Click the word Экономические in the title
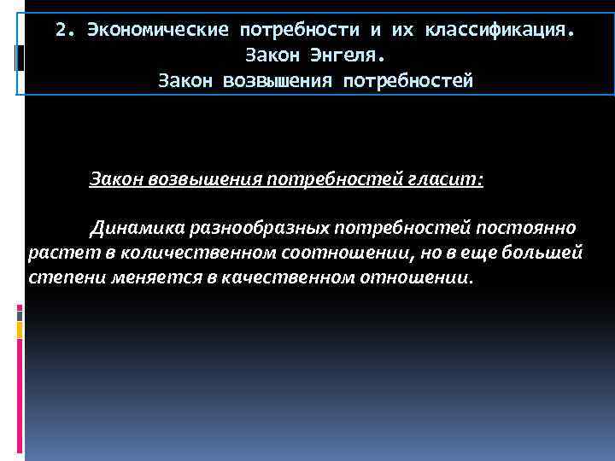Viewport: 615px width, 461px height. (x=156, y=31)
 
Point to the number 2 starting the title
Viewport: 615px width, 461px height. (x=61, y=31)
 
